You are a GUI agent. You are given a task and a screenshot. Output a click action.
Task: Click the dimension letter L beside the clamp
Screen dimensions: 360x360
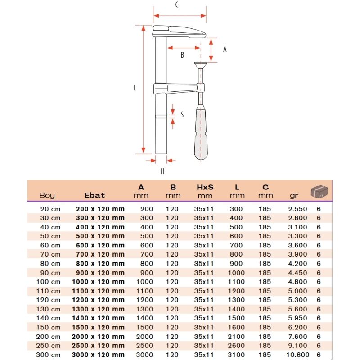point(135,89)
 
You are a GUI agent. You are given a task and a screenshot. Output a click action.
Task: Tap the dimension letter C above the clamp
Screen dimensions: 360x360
point(177,5)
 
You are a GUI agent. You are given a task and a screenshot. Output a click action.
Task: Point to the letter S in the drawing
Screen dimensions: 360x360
point(182,115)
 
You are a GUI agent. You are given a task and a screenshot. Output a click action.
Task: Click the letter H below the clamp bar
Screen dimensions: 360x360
point(162,171)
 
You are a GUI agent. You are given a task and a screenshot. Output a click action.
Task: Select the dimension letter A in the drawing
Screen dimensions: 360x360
point(225,49)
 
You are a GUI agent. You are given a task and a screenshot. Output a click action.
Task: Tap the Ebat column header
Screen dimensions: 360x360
point(94,195)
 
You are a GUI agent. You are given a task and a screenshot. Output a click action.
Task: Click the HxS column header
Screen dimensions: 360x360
point(205,187)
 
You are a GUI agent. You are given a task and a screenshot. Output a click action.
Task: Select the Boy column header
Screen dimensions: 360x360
point(47,195)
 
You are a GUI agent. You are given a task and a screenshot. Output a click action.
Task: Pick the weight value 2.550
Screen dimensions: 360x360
point(298,209)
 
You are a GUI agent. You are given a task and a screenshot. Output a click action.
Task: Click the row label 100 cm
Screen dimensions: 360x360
point(48,282)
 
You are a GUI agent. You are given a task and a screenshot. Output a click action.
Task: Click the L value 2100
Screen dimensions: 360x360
point(237,337)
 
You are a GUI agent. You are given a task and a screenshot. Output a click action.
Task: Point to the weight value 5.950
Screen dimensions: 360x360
point(298,318)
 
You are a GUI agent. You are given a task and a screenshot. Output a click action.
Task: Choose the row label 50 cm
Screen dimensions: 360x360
point(50,236)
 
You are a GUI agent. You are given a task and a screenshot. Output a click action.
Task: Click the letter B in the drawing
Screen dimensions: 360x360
point(182,55)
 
